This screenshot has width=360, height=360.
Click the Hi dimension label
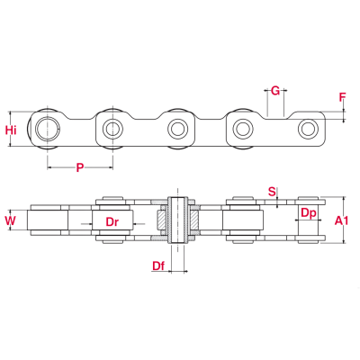click(x=11, y=130)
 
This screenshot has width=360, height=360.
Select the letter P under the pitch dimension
click(x=80, y=167)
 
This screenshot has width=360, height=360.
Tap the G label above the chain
click(x=275, y=90)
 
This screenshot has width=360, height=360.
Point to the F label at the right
click(x=342, y=97)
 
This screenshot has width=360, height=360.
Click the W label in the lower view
click(x=11, y=219)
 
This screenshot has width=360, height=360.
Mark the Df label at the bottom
click(x=158, y=265)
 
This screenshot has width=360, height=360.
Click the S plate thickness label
click(x=273, y=190)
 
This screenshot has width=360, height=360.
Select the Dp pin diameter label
click(x=308, y=213)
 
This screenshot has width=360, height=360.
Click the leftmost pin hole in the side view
click(x=48, y=128)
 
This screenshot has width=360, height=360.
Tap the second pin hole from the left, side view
click(x=112, y=128)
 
